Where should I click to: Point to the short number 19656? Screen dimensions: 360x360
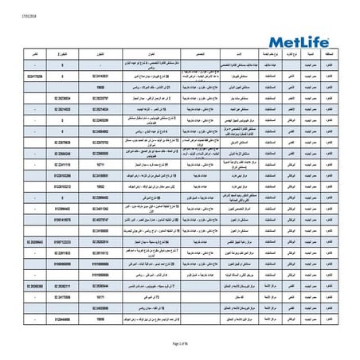(x=89, y=315)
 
